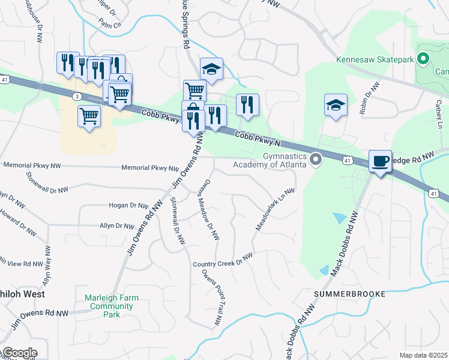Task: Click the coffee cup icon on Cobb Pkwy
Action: (x=379, y=161)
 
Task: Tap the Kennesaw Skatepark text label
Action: (x=375, y=59)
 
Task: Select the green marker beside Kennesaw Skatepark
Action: (x=423, y=59)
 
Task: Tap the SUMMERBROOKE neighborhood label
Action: (x=344, y=294)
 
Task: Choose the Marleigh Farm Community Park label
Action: (x=103, y=306)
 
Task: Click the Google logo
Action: (x=19, y=353)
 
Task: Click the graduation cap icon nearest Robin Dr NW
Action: (x=336, y=105)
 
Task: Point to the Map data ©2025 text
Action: (x=423, y=355)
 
